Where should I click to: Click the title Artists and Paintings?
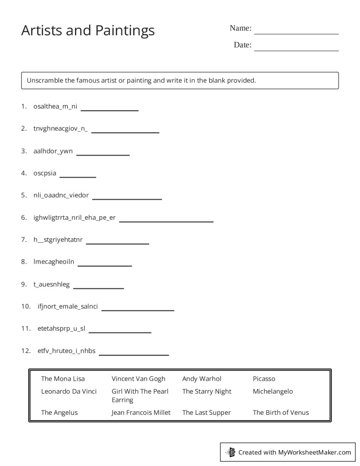pyautogui.click(x=88, y=30)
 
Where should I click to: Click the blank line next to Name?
pyautogui.click(x=296, y=33)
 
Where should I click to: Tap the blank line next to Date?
pyautogui.click(x=296, y=50)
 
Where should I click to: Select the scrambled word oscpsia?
pyautogui.click(x=45, y=173)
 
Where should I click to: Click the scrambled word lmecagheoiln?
pyautogui.click(x=54, y=262)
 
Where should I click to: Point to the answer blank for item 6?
pyautogui.click(x=166, y=221)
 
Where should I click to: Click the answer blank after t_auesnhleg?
pyautogui.click(x=98, y=288)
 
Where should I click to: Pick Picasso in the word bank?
pyautogui.click(x=264, y=379)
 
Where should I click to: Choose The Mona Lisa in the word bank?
pyautogui.click(x=63, y=379)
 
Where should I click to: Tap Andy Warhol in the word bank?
pyautogui.click(x=202, y=379)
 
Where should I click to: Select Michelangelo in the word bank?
pyautogui.click(x=273, y=391)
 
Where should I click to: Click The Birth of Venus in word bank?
pyautogui.click(x=281, y=413)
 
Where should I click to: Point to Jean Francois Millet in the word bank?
pyautogui.click(x=141, y=413)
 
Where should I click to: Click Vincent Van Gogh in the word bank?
pyautogui.click(x=139, y=379)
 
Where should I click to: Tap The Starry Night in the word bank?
pyautogui.click(x=206, y=391)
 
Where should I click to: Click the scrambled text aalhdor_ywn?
pyautogui.click(x=53, y=151)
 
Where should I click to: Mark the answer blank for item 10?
pyautogui.click(x=138, y=310)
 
